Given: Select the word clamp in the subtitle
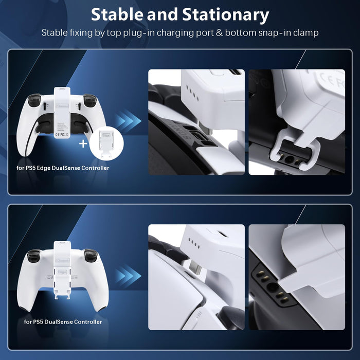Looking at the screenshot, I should (305, 32).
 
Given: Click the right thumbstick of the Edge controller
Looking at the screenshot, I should (91, 99).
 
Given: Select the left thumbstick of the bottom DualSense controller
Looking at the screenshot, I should (34, 254).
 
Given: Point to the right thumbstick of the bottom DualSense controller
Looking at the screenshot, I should (91, 254).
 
